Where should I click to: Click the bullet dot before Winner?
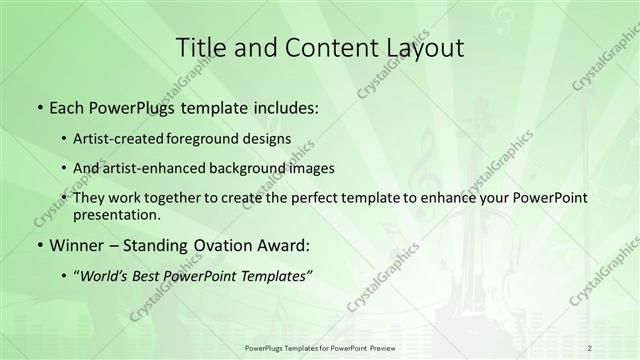pos(38,245)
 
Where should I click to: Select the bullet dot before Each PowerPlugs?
pos(38,107)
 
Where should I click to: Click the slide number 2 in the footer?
pos(590,347)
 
